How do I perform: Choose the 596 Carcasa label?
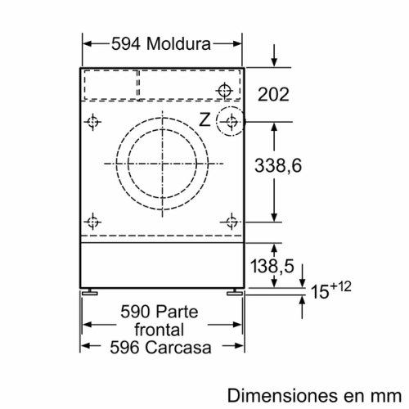coord(160,347)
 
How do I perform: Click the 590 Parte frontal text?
coord(160,321)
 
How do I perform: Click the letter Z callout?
coord(204,119)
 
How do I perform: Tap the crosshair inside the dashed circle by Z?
coord(232,124)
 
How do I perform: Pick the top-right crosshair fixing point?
coord(224,89)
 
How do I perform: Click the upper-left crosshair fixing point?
coord(93,123)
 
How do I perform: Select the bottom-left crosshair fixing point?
coord(93,220)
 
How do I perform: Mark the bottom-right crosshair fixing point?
coord(232,220)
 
